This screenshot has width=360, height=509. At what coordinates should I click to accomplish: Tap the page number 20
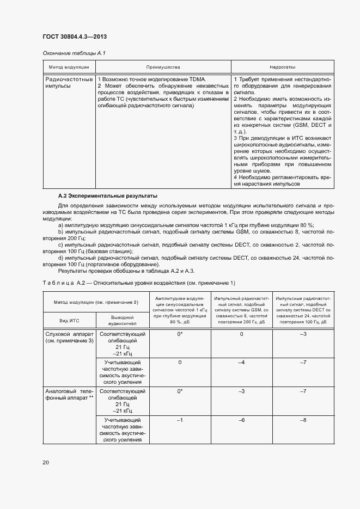[45, 462]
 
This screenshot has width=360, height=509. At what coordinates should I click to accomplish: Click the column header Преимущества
[163, 67]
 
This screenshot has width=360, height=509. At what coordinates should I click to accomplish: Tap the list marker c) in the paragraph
[60, 244]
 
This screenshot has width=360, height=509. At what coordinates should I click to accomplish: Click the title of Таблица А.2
[139, 283]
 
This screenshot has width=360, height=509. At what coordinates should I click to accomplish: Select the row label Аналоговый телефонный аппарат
[69, 395]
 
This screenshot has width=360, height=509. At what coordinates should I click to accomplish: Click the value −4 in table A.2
[241, 362]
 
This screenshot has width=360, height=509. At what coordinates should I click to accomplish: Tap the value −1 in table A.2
[180, 420]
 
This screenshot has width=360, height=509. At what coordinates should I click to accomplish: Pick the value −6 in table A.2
[241, 420]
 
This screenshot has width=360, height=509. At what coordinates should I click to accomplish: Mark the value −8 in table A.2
[303, 420]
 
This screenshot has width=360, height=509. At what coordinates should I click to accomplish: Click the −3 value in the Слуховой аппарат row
[303, 333]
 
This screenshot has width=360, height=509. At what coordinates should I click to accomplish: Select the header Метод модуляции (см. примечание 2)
[96, 302]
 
